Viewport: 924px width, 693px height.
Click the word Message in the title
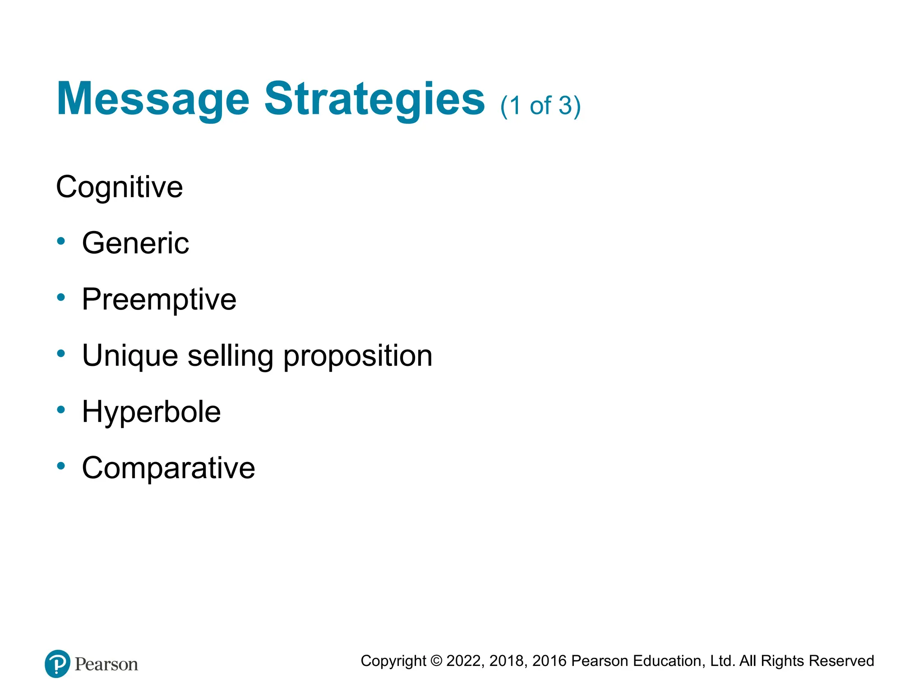[x=152, y=100]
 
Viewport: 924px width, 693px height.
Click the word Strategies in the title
[x=374, y=100]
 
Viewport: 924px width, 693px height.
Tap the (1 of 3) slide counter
[x=540, y=106]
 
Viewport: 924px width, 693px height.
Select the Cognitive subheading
[x=119, y=187]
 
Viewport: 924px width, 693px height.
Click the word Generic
[x=135, y=243]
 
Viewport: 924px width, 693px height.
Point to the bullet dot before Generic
[x=61, y=241]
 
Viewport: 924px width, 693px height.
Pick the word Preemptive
[x=159, y=300]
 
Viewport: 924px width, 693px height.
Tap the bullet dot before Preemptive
[x=61, y=297]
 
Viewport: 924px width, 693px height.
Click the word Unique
[x=130, y=356]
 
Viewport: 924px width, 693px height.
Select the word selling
[x=230, y=356]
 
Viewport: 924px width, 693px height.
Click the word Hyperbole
[x=151, y=412]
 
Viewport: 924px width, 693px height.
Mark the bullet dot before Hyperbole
[x=61, y=410]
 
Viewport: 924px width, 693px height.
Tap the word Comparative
[x=168, y=468]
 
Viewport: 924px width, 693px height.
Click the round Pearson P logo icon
[x=57, y=664]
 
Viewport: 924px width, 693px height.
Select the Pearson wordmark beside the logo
[x=106, y=665]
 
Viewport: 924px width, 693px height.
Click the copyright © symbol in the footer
[x=436, y=661]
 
